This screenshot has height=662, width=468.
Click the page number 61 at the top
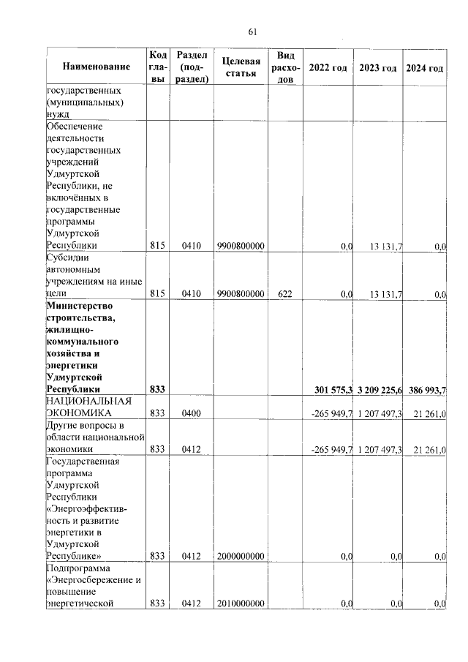254,31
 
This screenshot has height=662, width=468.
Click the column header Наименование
96,67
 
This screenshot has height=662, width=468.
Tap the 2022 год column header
328,68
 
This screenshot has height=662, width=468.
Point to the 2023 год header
378,68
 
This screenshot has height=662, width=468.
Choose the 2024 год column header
425,68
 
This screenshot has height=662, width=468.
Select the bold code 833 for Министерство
158,389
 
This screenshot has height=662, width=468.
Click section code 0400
191,413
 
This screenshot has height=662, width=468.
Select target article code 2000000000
241,556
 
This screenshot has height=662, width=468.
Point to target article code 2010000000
241,603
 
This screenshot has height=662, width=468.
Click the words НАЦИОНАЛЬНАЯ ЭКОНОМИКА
88,407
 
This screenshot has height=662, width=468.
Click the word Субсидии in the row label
67,258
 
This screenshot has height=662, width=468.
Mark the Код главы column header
158,67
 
